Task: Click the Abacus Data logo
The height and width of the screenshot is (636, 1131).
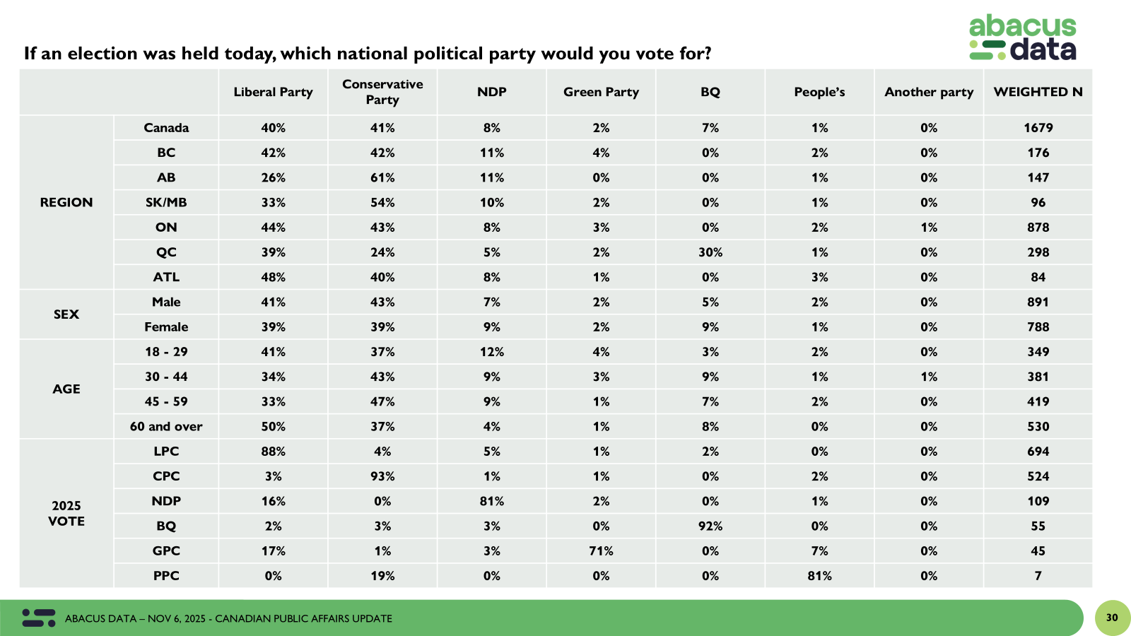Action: pos(1022,38)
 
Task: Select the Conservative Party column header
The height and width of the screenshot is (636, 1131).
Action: pos(382,92)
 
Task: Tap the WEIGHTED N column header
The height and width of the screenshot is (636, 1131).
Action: pos(1038,92)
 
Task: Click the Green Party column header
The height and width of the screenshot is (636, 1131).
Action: pos(601,92)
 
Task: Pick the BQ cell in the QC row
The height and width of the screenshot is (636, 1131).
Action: pos(710,252)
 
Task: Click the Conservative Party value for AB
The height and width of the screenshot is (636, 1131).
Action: pos(382,177)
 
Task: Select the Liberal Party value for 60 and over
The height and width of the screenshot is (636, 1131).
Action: pos(273,426)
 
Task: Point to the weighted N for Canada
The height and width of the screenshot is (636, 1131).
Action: pos(1038,128)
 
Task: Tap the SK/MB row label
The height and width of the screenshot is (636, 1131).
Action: pos(166,202)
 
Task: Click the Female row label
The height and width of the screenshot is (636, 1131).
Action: pos(166,326)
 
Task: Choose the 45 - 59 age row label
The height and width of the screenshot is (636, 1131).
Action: pos(166,401)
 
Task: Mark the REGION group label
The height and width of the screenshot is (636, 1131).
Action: pos(66,202)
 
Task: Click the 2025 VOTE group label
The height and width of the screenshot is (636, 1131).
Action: pos(66,513)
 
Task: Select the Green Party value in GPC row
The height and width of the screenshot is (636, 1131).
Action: pos(601,550)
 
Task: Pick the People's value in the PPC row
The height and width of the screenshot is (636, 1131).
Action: pos(819,575)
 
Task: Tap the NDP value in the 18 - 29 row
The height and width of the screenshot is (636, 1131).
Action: pos(492,351)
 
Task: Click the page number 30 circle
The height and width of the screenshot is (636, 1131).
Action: pos(1112,618)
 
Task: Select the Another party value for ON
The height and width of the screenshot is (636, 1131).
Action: pos(929,227)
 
